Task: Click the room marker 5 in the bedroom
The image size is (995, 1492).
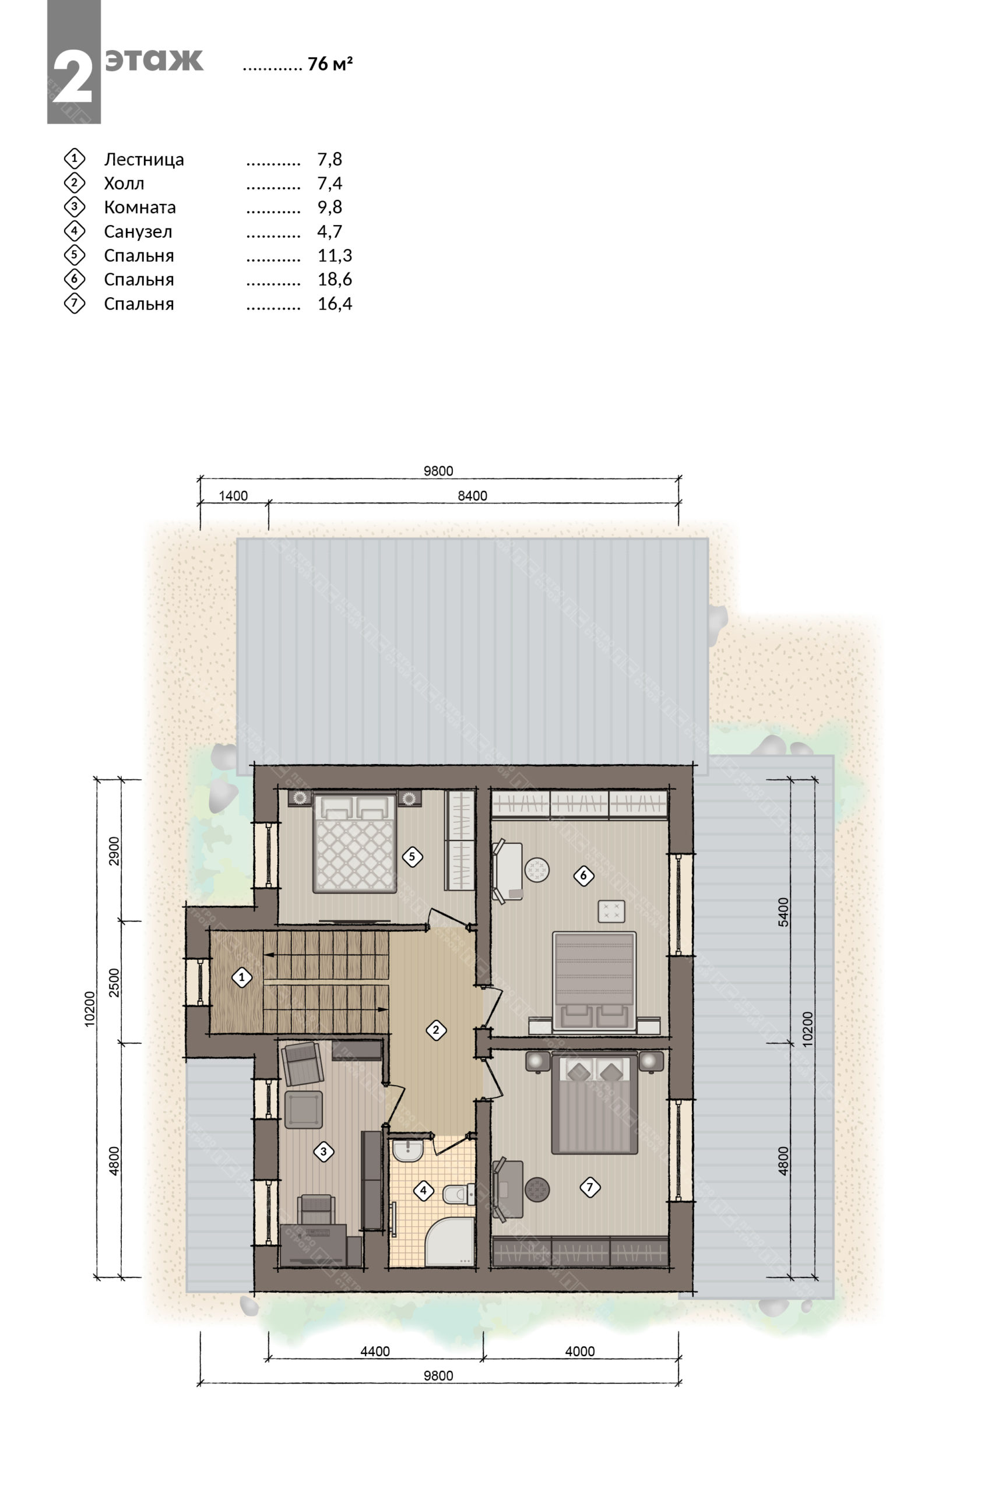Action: [x=412, y=857]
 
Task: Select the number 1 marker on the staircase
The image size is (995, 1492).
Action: [x=241, y=977]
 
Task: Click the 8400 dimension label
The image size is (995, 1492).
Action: [x=473, y=496]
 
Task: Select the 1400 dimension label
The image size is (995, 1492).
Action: [x=234, y=496]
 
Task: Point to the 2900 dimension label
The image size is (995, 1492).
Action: [x=114, y=852]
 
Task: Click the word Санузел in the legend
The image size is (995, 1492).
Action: [x=138, y=231]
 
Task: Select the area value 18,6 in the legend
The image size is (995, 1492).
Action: [x=335, y=279]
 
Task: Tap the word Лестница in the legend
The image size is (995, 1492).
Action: [x=144, y=160]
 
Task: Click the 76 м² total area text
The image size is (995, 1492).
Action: [x=330, y=64]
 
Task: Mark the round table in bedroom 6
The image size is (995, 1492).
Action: [x=537, y=870]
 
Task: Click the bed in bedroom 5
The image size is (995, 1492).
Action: [x=355, y=843]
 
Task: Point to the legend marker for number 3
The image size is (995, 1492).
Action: [x=74, y=207]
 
